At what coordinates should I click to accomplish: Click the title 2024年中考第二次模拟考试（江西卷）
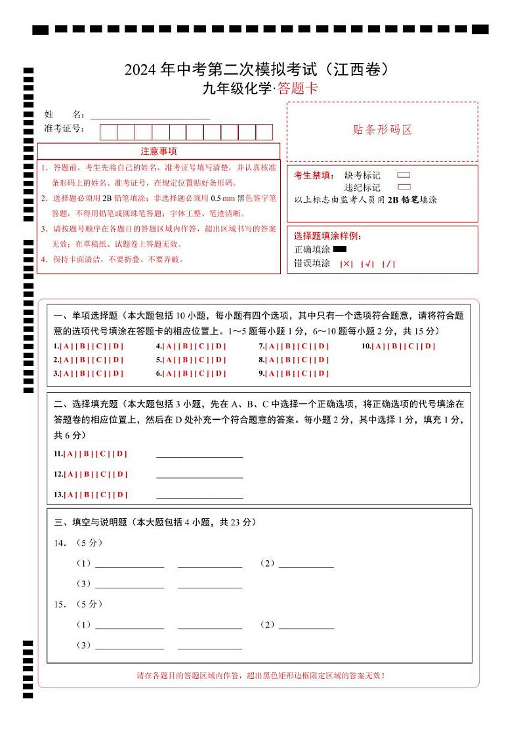click(x=260, y=70)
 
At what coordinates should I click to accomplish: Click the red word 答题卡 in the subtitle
click(x=297, y=89)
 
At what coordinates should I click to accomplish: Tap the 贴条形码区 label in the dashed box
click(x=382, y=130)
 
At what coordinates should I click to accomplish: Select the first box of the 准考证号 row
click(x=108, y=132)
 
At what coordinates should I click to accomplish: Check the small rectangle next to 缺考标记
click(x=404, y=175)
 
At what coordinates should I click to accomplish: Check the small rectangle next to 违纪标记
click(x=404, y=187)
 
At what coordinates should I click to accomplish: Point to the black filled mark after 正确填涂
click(x=339, y=249)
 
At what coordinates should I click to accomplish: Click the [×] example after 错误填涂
click(x=346, y=264)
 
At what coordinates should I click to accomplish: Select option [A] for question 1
click(x=66, y=346)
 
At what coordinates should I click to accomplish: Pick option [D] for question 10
click(x=428, y=346)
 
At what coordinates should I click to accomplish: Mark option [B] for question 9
click(x=289, y=374)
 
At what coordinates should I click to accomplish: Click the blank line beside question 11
click(x=199, y=454)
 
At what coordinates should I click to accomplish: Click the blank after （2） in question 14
click(x=306, y=563)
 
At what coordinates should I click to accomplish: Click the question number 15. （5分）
click(x=78, y=604)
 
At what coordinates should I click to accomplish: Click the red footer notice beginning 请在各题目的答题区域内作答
click(x=260, y=675)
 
